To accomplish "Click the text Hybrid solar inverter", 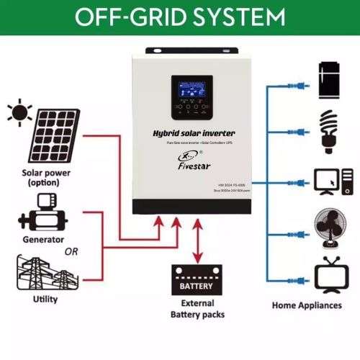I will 194,134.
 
